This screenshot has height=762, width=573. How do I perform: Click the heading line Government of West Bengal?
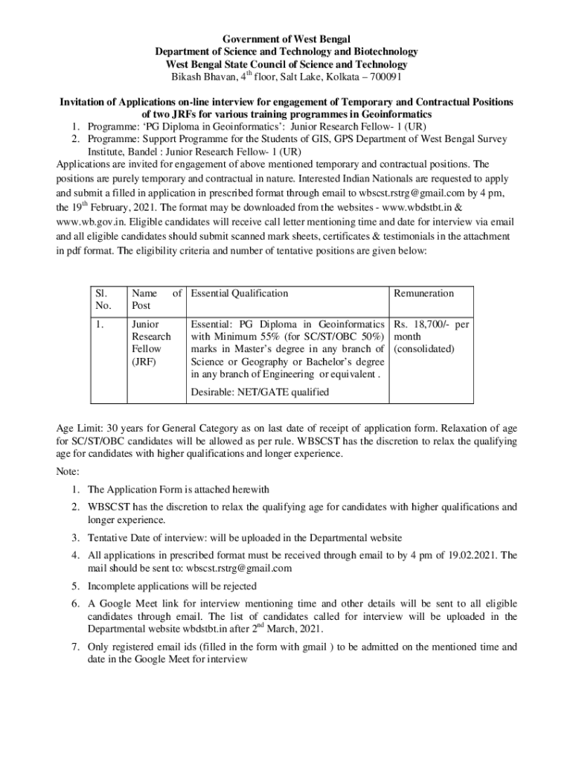[286, 39]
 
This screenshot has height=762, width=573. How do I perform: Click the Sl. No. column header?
[100, 300]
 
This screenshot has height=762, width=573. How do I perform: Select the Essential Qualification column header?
[240, 293]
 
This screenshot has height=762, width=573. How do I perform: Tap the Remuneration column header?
[423, 293]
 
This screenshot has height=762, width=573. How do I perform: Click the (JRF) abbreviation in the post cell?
[144, 361]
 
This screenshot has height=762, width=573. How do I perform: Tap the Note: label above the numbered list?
[69, 472]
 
